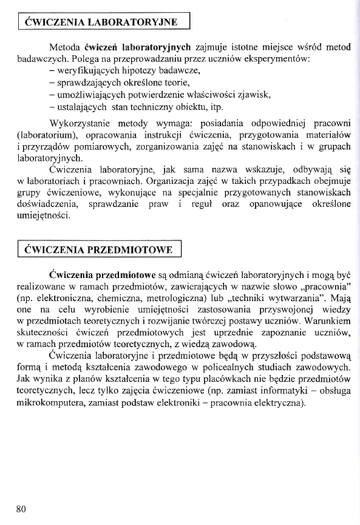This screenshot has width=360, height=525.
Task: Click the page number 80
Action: [21, 508]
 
